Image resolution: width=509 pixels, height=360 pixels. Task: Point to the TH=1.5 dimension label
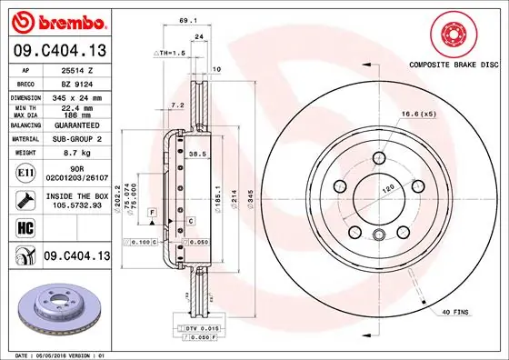pyautogui.click(x=171, y=54)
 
